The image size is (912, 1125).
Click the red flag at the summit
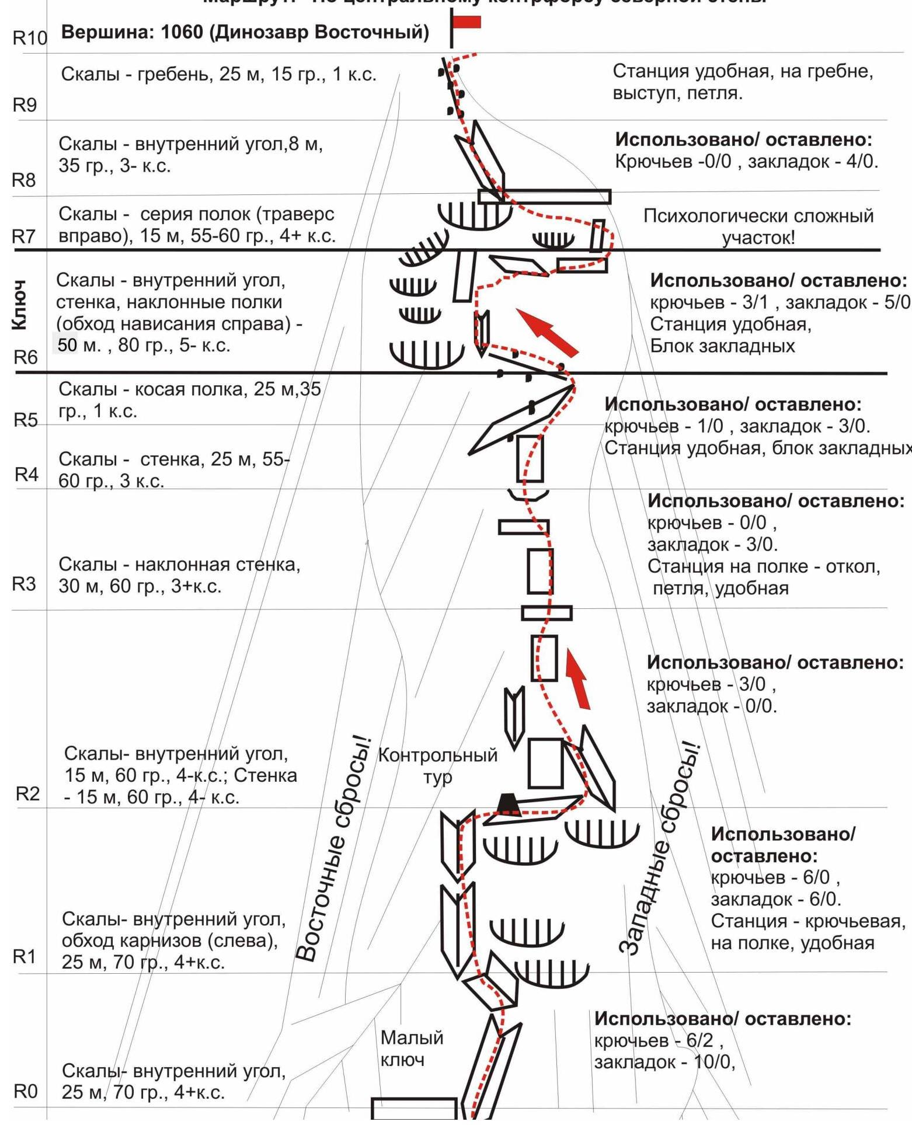click(x=467, y=22)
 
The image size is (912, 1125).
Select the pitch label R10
click(x=29, y=38)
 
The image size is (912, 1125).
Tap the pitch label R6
click(x=25, y=357)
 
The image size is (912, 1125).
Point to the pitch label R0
click(x=25, y=1091)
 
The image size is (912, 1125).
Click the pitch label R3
click(x=24, y=584)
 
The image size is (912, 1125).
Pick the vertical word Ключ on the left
click(x=19, y=304)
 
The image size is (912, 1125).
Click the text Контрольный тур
click(x=438, y=765)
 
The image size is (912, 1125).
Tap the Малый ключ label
click(x=412, y=1048)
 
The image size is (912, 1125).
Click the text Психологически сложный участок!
click(x=758, y=227)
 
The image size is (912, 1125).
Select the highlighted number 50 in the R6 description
click(x=67, y=345)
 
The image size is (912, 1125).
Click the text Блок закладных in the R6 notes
click(x=722, y=346)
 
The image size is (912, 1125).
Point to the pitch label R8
click(x=24, y=180)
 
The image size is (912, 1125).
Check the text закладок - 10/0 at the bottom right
click(x=664, y=1062)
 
